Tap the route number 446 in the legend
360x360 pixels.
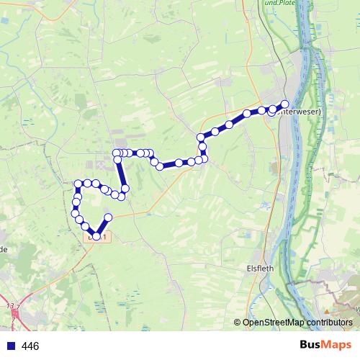[30, 346]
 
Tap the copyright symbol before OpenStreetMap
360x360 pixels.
[238, 322]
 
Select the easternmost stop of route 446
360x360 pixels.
[284, 104]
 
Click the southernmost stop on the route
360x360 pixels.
[96, 235]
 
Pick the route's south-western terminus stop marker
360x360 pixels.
[109, 217]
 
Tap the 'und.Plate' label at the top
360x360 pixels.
[281, 4]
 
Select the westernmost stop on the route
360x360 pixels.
[75, 213]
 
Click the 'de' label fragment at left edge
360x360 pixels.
[4, 249]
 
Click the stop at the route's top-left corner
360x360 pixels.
[117, 153]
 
